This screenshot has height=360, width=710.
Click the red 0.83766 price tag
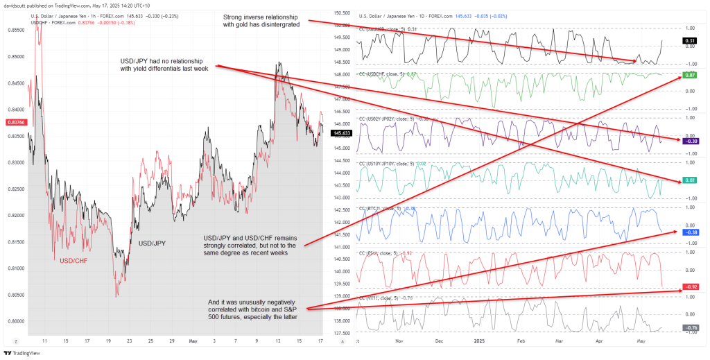coord(15,122)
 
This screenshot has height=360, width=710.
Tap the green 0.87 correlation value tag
coord(690,74)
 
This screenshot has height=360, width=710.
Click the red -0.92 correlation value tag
coord(690,286)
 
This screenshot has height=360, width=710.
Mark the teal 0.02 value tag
coord(690,180)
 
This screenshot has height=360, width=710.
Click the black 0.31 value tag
coord(690,41)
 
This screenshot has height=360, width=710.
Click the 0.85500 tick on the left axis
coord(16,30)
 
